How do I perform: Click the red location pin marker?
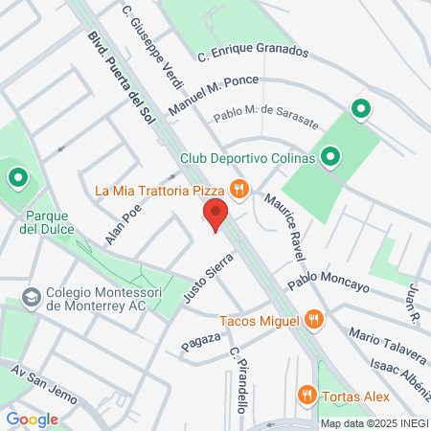tap(215, 215)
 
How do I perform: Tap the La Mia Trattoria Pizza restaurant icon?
tap(239, 190)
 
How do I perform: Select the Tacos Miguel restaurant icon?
tap(312, 321)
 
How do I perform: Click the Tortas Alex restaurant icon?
tap(306, 393)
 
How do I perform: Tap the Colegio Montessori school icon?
tap(32, 296)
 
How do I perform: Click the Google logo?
tap(32, 419)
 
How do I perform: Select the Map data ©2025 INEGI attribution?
tap(374, 422)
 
